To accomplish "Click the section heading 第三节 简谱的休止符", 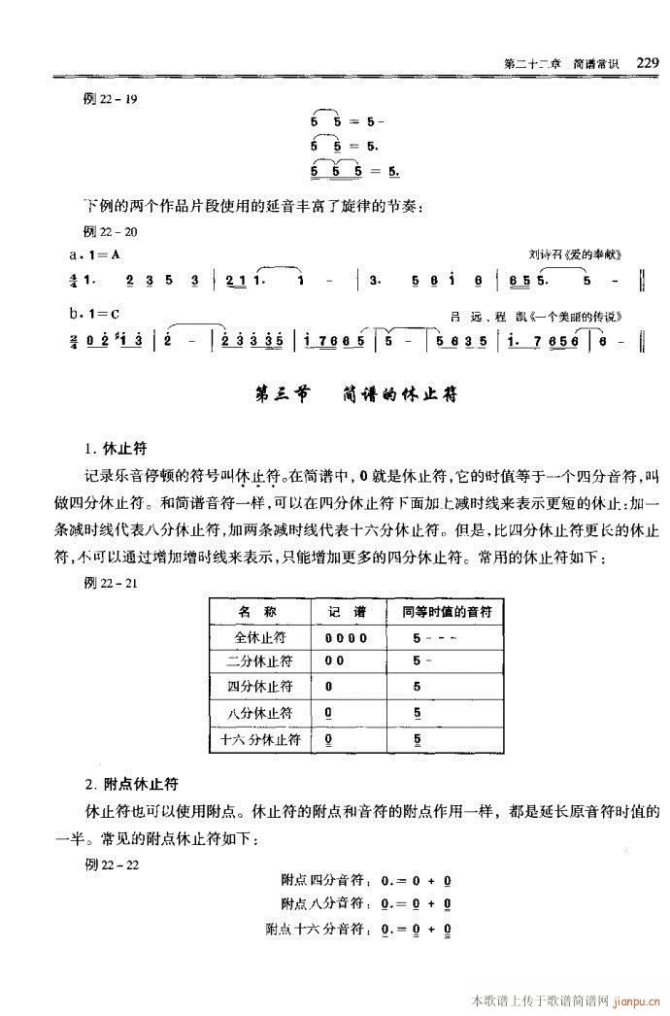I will pyautogui.click(x=354, y=395).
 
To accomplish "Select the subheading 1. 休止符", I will pyautogui.click(x=114, y=450).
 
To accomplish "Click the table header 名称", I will pyautogui.click(x=258, y=612).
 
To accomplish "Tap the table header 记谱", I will pyautogui.click(x=346, y=612).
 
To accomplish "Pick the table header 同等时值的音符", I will pyautogui.click(x=448, y=612).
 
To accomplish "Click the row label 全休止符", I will pyautogui.click(x=259, y=637).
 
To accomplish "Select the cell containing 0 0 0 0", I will pyautogui.click(x=347, y=638).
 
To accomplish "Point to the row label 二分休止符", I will pyautogui.click(x=259, y=661).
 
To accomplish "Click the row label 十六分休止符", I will pyautogui.click(x=259, y=740).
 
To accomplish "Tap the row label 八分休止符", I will pyautogui.click(x=259, y=714).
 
